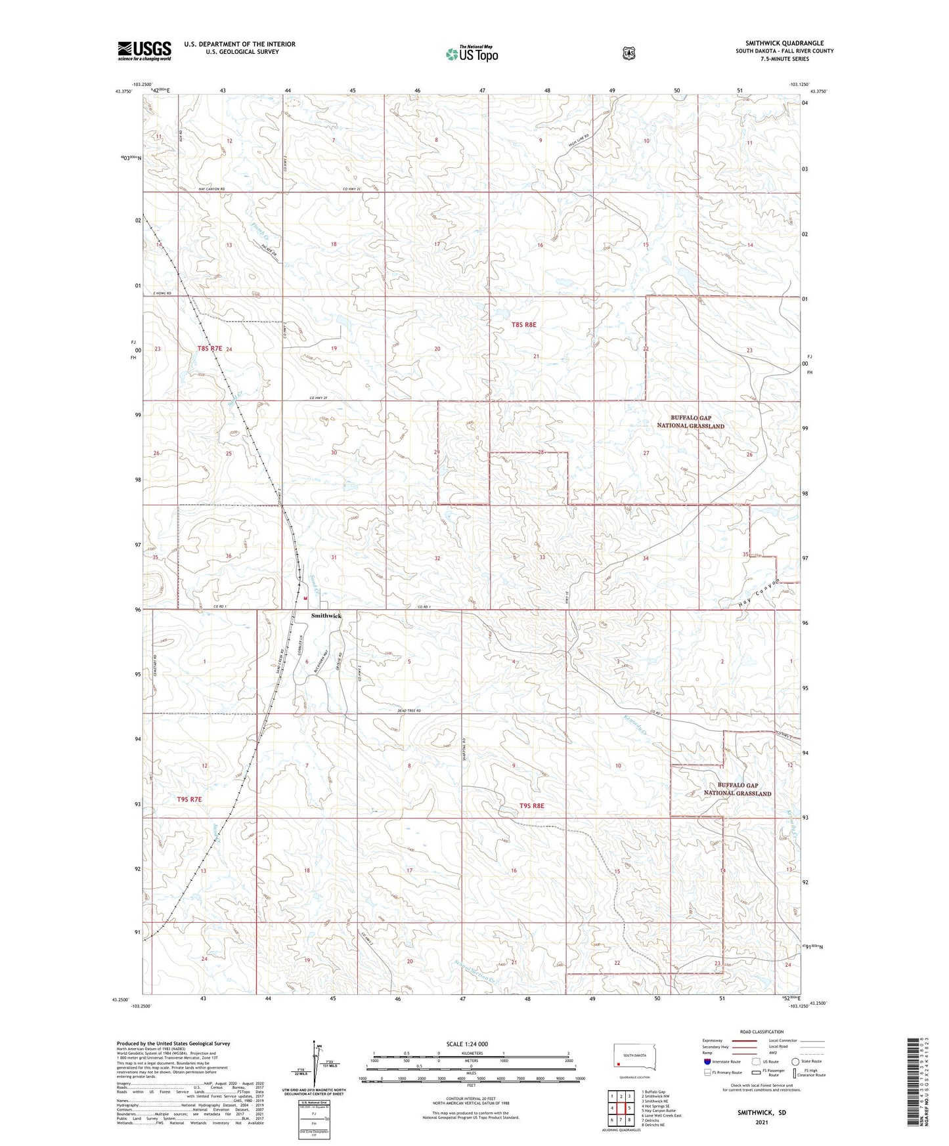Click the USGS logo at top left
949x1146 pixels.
[144, 51]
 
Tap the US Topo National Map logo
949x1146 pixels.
[472, 53]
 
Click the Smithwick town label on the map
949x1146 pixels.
[326, 616]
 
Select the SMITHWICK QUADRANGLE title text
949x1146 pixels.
[784, 43]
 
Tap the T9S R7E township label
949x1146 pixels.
[189, 799]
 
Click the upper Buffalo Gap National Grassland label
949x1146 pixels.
[690, 421]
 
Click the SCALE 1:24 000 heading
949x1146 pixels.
[466, 1044]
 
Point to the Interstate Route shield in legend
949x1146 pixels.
[707, 1061]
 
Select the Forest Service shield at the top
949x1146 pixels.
[629, 53]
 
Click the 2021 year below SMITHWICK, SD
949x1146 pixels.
[761, 1122]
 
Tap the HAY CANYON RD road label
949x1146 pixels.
[211, 189]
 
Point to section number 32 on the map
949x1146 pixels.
[437, 558]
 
